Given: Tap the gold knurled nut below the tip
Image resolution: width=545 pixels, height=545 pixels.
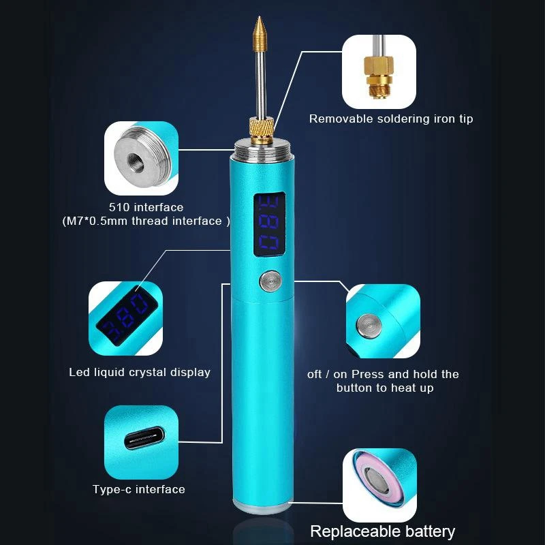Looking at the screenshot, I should point(261,127).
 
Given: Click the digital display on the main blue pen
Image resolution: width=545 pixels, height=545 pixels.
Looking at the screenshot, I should point(270,225).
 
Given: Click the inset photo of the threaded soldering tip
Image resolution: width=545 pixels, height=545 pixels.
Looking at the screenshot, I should point(378,72).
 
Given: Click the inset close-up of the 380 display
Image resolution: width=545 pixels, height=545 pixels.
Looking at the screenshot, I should point(125,317).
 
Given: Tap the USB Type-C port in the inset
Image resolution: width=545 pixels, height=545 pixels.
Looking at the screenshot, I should point(141,441).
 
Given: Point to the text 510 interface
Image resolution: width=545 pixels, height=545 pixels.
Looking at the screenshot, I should point(146,207).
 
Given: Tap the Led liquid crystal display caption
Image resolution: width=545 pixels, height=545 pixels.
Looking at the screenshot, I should point(140,372).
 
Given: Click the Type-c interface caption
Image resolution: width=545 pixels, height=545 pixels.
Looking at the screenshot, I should point(139,489).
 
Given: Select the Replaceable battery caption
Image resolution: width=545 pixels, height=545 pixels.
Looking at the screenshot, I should point(382,531).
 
